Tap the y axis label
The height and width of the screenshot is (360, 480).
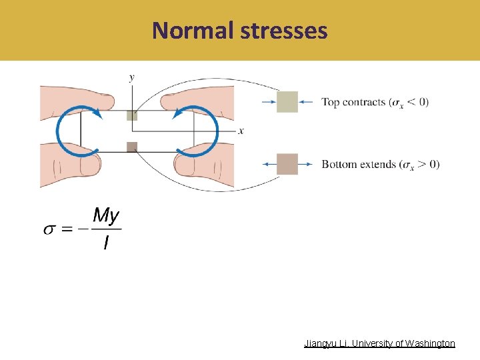coord(131,77)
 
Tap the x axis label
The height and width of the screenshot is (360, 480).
coord(241,131)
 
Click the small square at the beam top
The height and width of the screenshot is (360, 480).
coord(132,115)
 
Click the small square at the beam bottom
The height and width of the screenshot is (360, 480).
coord(132,147)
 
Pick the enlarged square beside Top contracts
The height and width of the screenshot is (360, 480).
coord(287,102)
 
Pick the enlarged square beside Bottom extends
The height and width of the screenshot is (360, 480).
coord(287,164)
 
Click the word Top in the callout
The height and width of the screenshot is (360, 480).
coord(331,103)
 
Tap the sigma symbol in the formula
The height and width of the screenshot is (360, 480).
coord(49,229)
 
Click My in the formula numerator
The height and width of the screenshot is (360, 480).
coord(106,215)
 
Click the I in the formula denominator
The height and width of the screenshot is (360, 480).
coord(105,243)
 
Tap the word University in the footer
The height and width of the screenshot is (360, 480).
coord(369,343)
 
